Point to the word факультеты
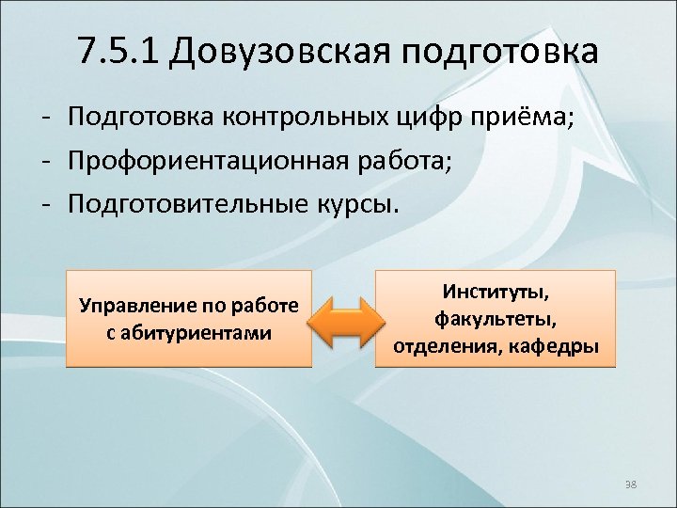click(495, 319)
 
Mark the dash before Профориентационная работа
click(44, 162)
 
